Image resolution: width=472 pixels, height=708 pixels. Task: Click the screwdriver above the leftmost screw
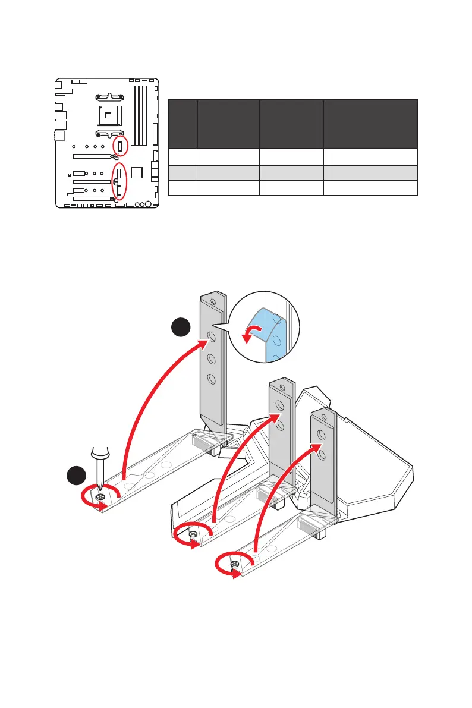click(98, 464)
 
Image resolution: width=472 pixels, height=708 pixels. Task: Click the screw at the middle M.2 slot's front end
click(193, 535)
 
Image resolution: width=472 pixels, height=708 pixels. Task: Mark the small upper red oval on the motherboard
click(119, 146)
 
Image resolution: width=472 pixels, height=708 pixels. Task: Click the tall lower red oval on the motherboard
click(119, 181)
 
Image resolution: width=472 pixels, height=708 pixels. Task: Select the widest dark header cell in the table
click(370, 124)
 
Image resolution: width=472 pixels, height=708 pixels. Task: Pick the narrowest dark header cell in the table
click(182, 124)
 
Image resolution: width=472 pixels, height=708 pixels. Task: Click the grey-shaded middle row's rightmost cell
click(370, 172)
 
